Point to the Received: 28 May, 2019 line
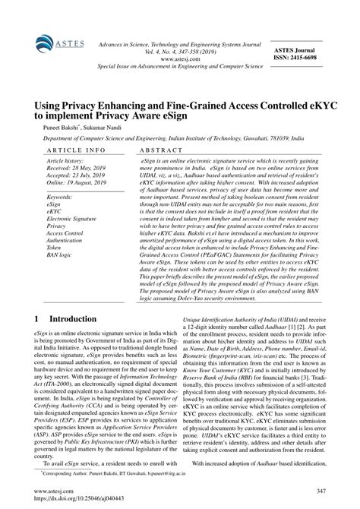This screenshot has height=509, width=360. pyautogui.click(x=78, y=169)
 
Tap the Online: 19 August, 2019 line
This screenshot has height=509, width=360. pyautogui.click(x=81, y=184)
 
